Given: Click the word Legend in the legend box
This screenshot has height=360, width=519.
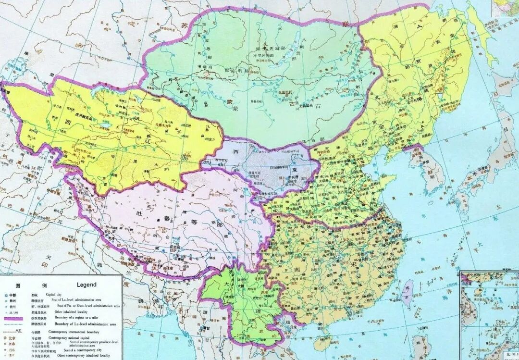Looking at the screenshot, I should coord(86,285).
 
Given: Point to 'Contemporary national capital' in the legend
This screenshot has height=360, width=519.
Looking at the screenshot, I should coord(69,338).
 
